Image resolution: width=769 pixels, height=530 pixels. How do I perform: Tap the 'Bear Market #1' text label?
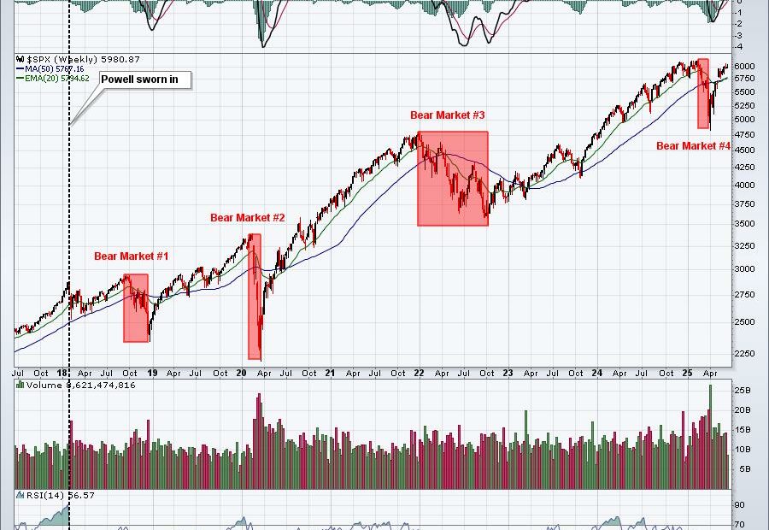tap(132, 256)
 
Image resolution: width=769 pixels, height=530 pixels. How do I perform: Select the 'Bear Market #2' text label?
tap(248, 218)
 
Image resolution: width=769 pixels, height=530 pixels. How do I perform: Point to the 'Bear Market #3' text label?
tap(448, 115)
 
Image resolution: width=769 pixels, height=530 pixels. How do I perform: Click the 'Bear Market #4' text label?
tap(693, 146)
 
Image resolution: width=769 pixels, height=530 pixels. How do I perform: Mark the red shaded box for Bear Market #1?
tap(136, 308)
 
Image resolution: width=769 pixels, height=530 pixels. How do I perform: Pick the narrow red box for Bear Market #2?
tap(255, 296)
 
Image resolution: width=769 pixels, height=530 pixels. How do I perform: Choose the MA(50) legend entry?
tap(52, 68)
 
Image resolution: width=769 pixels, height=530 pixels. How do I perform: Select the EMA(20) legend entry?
tap(55, 78)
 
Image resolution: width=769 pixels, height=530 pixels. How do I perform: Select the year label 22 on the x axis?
tap(419, 373)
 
